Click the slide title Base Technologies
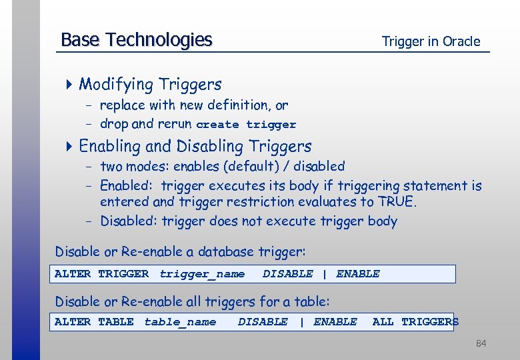pyautogui.click(x=136, y=40)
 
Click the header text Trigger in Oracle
pyautogui.click(x=431, y=41)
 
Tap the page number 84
pyautogui.click(x=481, y=343)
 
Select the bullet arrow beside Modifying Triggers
pyautogui.click(x=70, y=85)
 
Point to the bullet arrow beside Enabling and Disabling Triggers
pyautogui.click(x=70, y=146)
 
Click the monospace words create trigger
pyautogui.click(x=246, y=125)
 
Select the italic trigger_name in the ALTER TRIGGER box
pyautogui.click(x=202, y=274)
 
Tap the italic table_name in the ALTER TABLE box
pyautogui.click(x=180, y=322)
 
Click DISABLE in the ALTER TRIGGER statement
pyautogui.click(x=287, y=274)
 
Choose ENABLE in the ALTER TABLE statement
pyautogui.click(x=335, y=322)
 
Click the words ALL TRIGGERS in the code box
pyautogui.click(x=415, y=322)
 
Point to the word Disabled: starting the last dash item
pyautogui.click(x=129, y=221)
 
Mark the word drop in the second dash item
pyautogui.click(x=114, y=124)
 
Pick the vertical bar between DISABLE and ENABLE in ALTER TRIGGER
pyautogui.click(x=324, y=274)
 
